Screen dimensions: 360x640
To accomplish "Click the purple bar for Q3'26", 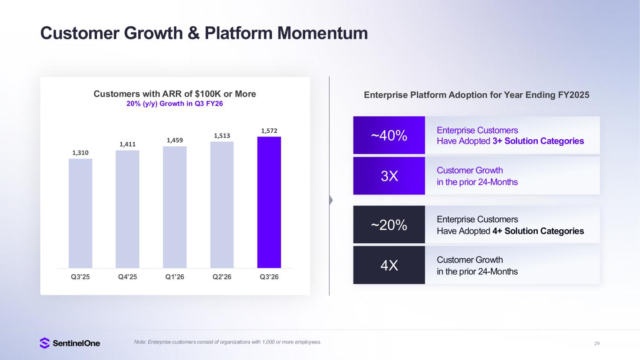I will pos(269,202).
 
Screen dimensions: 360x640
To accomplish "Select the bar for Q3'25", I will pos(80,213).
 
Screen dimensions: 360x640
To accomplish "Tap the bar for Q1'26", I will pos(174,207).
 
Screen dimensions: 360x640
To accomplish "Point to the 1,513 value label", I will pos(222,136).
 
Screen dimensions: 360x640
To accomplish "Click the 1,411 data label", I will pos(127,144).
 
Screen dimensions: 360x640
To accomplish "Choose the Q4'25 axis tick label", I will pos(128,277).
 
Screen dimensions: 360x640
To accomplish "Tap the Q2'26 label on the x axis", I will pos(222,277).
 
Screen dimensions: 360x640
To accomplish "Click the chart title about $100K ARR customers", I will pos(175,94).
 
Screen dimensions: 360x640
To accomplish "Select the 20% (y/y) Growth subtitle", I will pos(175,104).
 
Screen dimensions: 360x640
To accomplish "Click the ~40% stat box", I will pos(389,135).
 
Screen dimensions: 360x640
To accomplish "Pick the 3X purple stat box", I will pos(389,176).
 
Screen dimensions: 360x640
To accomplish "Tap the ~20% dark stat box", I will pos(389,225).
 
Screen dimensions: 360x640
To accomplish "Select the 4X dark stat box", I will pos(389,265).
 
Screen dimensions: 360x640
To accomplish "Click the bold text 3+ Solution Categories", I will pos(538,141).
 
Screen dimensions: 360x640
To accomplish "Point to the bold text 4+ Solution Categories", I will pos(538,231).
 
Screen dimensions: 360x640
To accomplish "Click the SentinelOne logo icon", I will pos(45,343).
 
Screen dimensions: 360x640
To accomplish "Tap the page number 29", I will pos(596,344).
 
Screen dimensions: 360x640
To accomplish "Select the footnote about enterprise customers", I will pos(227,342).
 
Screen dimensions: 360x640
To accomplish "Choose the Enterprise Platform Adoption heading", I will pos(476,95).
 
